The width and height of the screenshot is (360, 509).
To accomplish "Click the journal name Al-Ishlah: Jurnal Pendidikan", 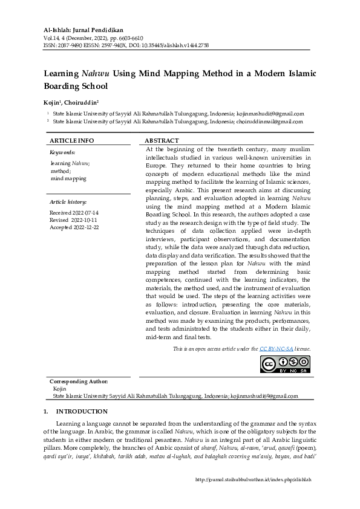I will (x=82, y=30).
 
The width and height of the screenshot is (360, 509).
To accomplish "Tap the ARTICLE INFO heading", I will (x=71, y=140).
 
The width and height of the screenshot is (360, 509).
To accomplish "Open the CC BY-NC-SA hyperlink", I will (x=276, y=349).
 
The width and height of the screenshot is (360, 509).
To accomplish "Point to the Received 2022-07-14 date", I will (x=74, y=213).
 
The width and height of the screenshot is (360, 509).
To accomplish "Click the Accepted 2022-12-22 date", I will (x=74, y=227).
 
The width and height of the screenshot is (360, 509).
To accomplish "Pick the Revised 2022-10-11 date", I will (x=74, y=220).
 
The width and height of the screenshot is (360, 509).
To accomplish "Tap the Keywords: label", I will (x=62, y=152).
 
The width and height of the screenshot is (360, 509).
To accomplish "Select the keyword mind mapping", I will (x=68, y=178).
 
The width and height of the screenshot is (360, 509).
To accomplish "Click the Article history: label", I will (x=68, y=201).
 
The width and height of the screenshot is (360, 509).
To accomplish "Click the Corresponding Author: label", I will (x=79, y=381).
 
